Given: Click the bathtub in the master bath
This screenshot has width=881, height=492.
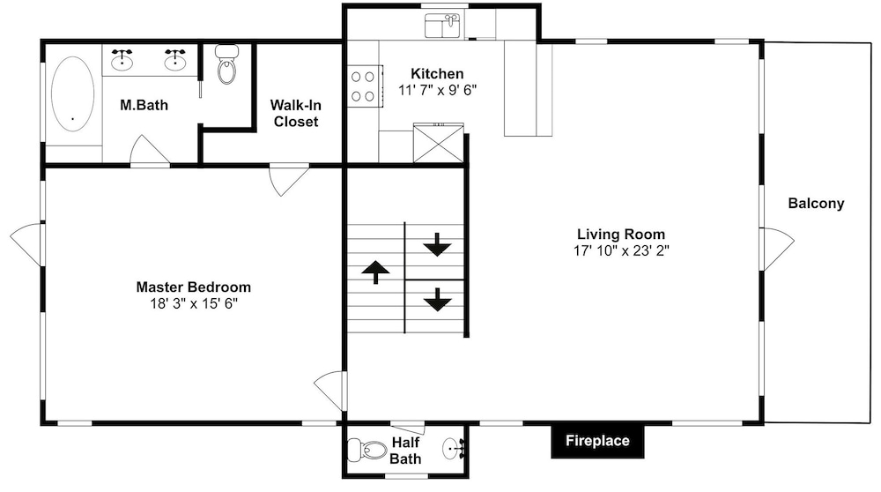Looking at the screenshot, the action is click(73, 93).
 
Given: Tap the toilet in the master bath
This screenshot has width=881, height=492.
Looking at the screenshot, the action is click(226, 64).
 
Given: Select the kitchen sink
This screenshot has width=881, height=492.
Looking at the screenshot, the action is click(442, 26).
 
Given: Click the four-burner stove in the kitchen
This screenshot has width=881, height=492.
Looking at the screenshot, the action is click(364, 86).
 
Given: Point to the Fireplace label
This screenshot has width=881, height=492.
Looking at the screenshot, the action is click(597, 441).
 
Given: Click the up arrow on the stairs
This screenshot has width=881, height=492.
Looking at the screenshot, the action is click(375, 272).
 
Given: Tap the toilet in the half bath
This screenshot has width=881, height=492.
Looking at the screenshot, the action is click(367, 450).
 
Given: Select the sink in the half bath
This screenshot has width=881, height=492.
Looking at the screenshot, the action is click(454, 448).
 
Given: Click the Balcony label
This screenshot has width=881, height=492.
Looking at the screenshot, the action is click(816, 204).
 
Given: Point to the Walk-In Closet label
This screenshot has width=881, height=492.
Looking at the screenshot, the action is click(295, 113).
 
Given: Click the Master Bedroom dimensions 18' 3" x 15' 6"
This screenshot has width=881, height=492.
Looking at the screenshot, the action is click(194, 303).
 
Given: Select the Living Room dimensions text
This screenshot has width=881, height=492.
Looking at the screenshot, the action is click(621, 250).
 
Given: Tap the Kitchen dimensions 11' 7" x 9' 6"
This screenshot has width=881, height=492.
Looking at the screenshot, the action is click(438, 90).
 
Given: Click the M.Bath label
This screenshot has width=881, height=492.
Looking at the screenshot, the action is click(144, 105).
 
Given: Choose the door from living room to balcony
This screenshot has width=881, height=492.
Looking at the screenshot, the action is click(776, 249).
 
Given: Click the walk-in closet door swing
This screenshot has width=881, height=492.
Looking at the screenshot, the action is click(289, 179).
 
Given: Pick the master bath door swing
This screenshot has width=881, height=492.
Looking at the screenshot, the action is click(150, 152).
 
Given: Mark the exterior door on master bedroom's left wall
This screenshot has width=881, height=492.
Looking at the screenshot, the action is click(26, 244).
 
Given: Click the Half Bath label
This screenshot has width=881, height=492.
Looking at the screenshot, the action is click(405, 451).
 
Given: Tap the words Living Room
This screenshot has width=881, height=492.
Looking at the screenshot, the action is click(621, 235).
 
